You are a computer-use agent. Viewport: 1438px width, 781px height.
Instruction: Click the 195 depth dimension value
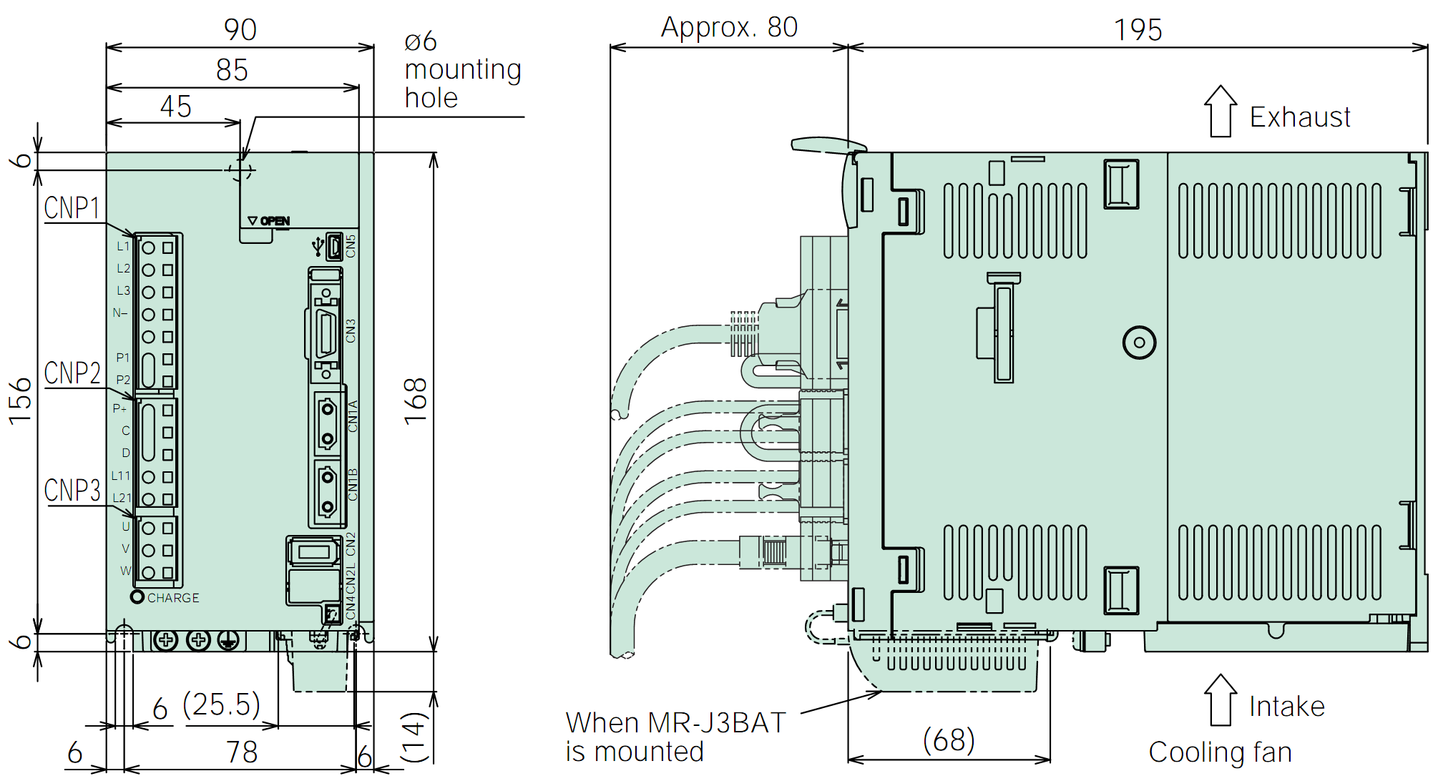pos(1138,30)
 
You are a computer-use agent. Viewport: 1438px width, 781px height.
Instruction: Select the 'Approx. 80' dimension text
pos(729,28)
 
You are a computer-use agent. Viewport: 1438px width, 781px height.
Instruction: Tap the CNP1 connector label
pos(72,208)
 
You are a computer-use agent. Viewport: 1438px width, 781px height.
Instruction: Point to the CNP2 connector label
pos(72,373)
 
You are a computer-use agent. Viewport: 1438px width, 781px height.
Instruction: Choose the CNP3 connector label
pos(72,491)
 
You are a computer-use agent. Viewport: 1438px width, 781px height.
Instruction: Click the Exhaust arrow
pos(1221,111)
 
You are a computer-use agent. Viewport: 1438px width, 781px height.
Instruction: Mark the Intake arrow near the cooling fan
pos(1221,699)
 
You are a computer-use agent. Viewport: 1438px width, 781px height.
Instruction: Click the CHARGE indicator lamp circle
pos(137,596)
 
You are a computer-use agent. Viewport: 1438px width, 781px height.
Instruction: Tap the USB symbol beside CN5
pos(318,247)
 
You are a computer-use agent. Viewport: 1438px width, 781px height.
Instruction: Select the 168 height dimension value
pos(416,401)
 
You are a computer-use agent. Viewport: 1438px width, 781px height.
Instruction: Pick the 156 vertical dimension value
pos(20,401)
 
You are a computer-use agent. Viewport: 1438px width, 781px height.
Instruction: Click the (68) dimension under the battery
pos(949,740)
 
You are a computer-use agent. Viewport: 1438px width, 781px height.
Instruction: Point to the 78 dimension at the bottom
pos(242,752)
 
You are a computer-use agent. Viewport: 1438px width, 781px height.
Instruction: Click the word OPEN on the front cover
pos(275,221)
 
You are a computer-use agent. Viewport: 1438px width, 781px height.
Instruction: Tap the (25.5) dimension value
pos(221,704)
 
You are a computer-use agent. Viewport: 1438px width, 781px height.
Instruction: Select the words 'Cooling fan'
pos(1220,752)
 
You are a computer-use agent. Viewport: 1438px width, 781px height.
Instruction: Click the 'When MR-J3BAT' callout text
pos(676,723)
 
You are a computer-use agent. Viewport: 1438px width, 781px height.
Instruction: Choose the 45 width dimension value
pos(176,107)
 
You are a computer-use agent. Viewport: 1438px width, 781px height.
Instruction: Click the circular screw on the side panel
pos(1139,343)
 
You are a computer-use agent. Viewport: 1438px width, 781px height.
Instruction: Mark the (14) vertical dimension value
pos(414,737)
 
